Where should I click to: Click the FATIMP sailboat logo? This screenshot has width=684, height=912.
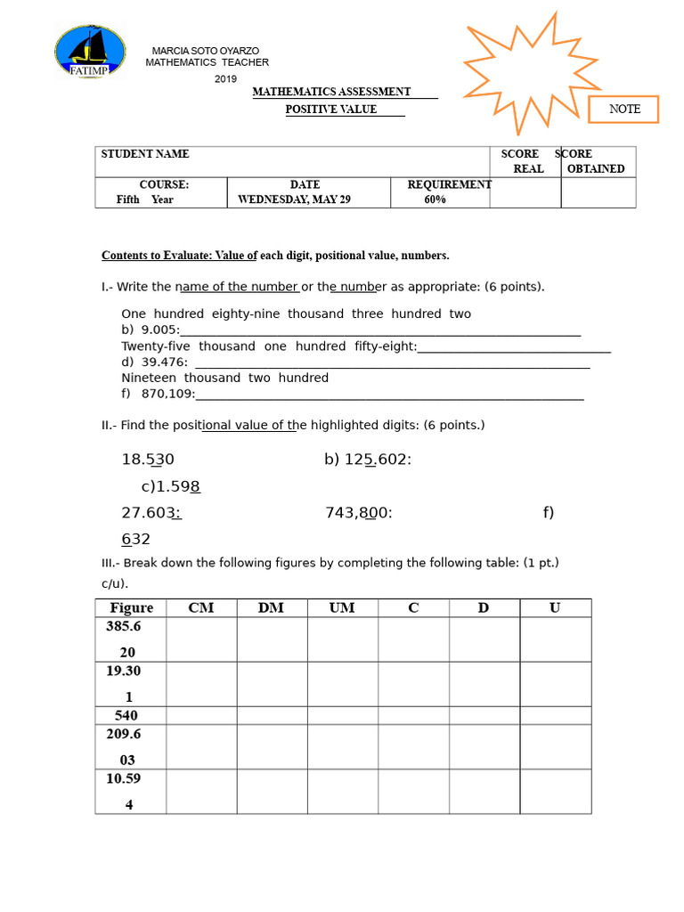click(91, 51)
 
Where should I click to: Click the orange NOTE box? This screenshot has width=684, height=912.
click(623, 109)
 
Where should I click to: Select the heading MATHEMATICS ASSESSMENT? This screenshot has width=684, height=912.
click(331, 92)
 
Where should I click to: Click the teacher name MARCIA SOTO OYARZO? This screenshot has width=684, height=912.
click(206, 51)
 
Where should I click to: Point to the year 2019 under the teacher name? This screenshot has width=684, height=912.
click(226, 79)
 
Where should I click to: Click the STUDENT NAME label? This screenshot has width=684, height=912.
click(145, 154)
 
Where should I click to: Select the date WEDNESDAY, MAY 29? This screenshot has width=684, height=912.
click(294, 199)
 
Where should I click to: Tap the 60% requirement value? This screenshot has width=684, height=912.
click(435, 199)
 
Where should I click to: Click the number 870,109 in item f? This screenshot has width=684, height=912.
click(167, 394)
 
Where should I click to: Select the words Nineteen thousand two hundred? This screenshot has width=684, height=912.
click(224, 378)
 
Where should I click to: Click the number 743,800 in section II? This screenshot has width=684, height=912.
click(358, 512)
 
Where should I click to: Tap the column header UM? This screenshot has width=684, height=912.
click(341, 607)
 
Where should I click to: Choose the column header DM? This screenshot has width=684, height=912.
click(271, 607)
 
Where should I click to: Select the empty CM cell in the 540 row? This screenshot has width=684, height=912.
click(200, 715)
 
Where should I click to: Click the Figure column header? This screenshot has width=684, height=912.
click(131, 607)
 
